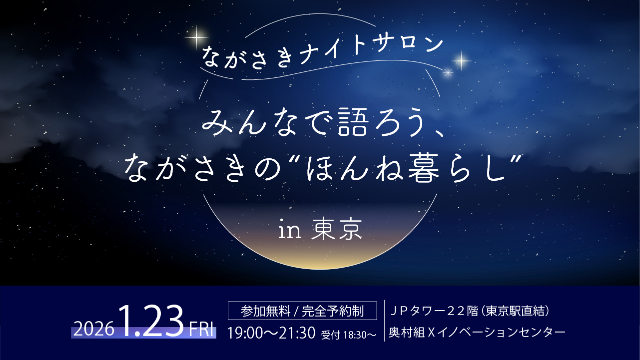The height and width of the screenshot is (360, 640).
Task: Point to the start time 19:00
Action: [x=243, y=333]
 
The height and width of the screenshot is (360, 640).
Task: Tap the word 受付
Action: [x=330, y=335]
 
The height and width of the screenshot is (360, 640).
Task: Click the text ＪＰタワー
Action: [x=416, y=312]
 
